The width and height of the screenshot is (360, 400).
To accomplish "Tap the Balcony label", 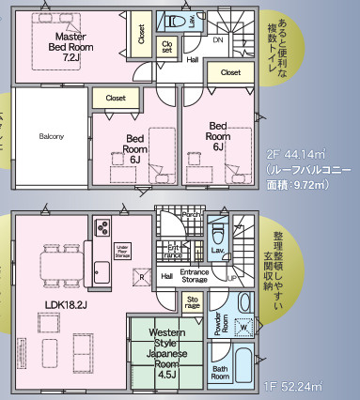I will [52, 136].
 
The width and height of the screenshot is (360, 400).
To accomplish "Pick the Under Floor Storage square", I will [121, 251].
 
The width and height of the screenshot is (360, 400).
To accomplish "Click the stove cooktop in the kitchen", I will [102, 228].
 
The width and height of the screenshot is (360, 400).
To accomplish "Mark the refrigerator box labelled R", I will [140, 277].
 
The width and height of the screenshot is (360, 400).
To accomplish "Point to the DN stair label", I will [217, 41].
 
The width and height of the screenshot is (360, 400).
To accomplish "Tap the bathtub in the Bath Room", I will [246, 367].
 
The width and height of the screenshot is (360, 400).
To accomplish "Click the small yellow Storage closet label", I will [192, 301].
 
